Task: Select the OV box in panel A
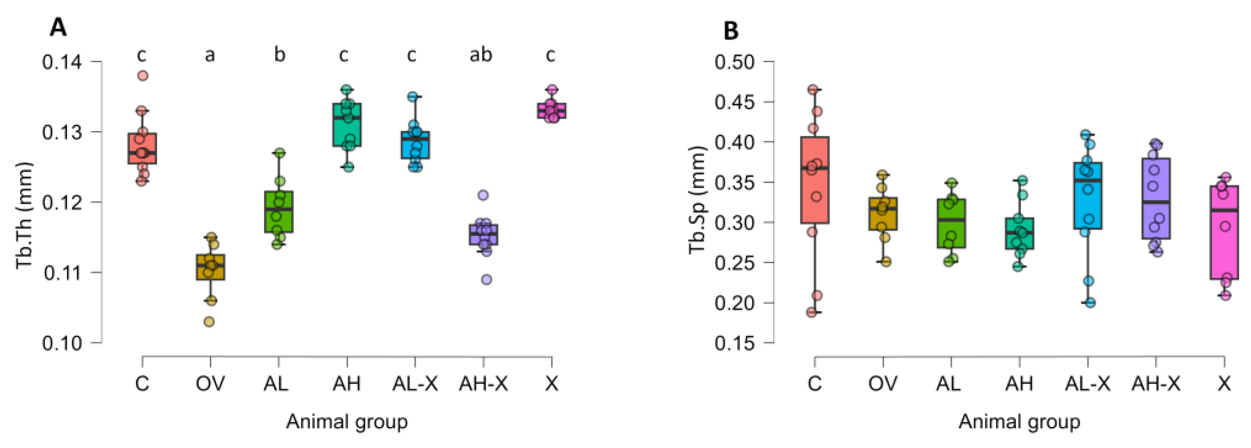210,267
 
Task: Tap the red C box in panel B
814,179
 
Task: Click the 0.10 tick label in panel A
62,343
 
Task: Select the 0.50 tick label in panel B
734,62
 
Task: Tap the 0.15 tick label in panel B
734,343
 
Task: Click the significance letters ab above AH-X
481,55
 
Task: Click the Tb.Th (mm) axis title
24,215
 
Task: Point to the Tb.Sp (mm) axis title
697,199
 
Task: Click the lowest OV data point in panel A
209,321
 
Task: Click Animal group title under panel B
1019,422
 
